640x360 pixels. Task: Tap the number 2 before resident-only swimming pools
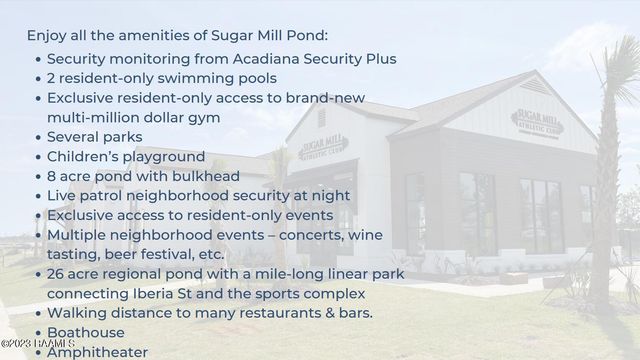pos(51,78)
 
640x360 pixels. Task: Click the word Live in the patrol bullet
pos(62,196)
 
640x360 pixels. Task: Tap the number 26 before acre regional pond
pos(57,274)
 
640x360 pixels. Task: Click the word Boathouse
pos(86,333)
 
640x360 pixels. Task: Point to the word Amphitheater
pos(97,352)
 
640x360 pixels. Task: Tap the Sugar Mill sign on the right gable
pos(537,123)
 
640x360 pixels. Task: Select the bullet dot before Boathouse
pos(38,333)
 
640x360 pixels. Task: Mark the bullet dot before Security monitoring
pos(38,58)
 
